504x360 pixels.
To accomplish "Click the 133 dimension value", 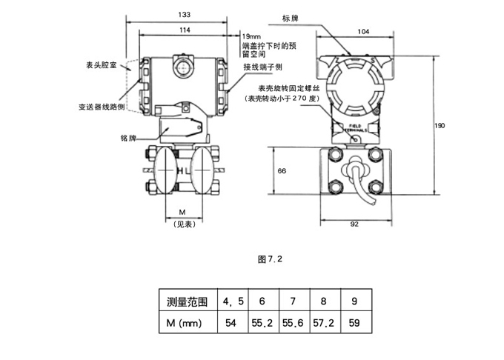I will click(183, 14).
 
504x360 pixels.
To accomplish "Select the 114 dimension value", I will click(183, 30).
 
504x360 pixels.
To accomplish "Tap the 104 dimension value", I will click(363, 31).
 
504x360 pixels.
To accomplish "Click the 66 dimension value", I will click(282, 171).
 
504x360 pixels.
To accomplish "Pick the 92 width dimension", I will click(354, 223).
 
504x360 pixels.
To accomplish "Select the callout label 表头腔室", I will click(100, 67).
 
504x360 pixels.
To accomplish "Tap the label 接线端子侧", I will click(264, 67).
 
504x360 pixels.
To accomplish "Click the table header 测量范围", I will click(188, 301).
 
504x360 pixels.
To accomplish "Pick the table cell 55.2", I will click(262, 324).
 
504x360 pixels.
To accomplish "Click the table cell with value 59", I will click(354, 324).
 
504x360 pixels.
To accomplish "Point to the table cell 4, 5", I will click(232, 301).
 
